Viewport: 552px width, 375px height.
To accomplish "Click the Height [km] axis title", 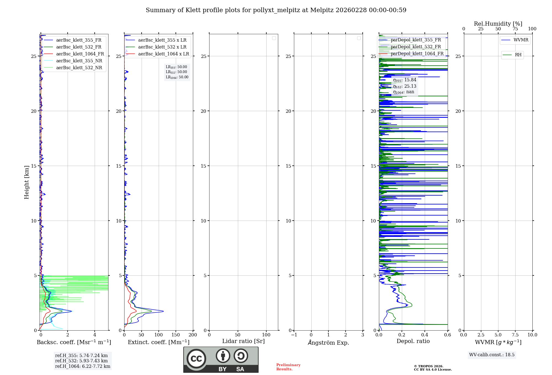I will [x=26, y=182].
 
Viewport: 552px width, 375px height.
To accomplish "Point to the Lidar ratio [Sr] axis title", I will [x=243, y=341].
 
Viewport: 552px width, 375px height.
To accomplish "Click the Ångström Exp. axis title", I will [x=328, y=343].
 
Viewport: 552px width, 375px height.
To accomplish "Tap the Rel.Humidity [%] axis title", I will [x=498, y=24].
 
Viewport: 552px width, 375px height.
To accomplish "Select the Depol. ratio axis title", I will [x=413, y=341].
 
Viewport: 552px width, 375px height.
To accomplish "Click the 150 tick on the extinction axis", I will [x=176, y=335].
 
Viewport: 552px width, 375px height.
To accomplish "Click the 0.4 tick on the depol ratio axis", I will [x=424, y=335].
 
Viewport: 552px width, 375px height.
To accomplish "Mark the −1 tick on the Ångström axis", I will [x=294, y=335].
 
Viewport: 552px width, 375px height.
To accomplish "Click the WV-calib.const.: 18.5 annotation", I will [x=492, y=355].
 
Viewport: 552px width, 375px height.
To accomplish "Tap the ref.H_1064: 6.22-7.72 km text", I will [x=83, y=366].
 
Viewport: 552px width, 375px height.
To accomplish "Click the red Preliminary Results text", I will [x=288, y=367].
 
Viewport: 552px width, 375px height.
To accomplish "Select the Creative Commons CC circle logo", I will [x=196, y=359].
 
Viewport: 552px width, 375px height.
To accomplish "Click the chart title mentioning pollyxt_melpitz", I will [x=276, y=10].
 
